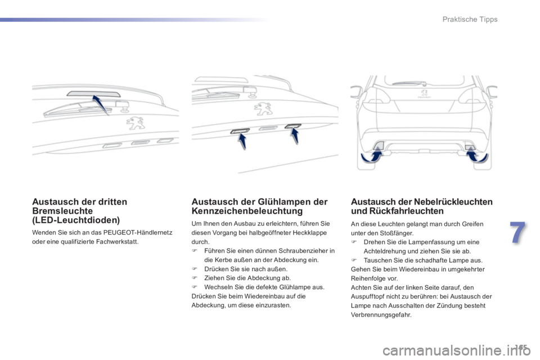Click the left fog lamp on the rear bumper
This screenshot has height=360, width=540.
(380, 146)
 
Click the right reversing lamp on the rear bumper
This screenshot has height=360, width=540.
(469, 147)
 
